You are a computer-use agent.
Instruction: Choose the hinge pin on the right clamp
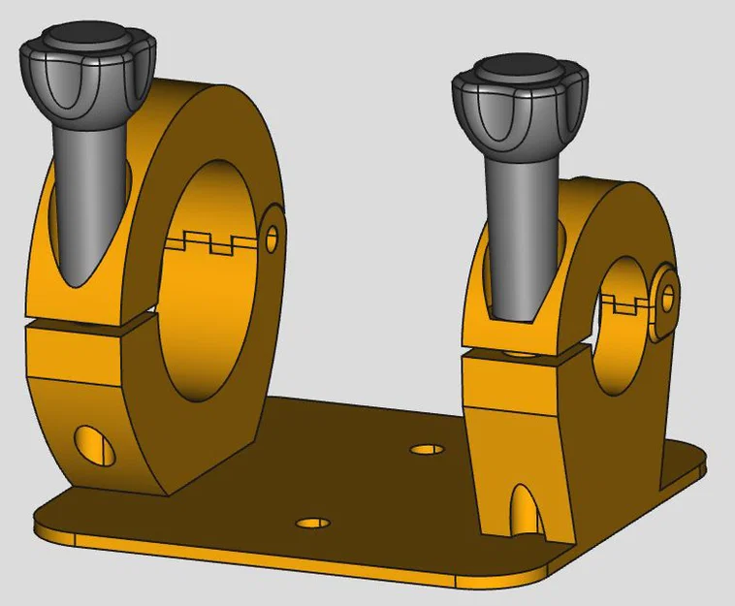pyautogui.click(x=668, y=297)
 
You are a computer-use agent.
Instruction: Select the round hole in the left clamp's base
pyautogui.click(x=93, y=444)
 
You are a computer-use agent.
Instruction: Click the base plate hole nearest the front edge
pyautogui.click(x=312, y=523)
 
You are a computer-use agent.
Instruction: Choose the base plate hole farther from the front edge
pyautogui.click(x=427, y=450)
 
